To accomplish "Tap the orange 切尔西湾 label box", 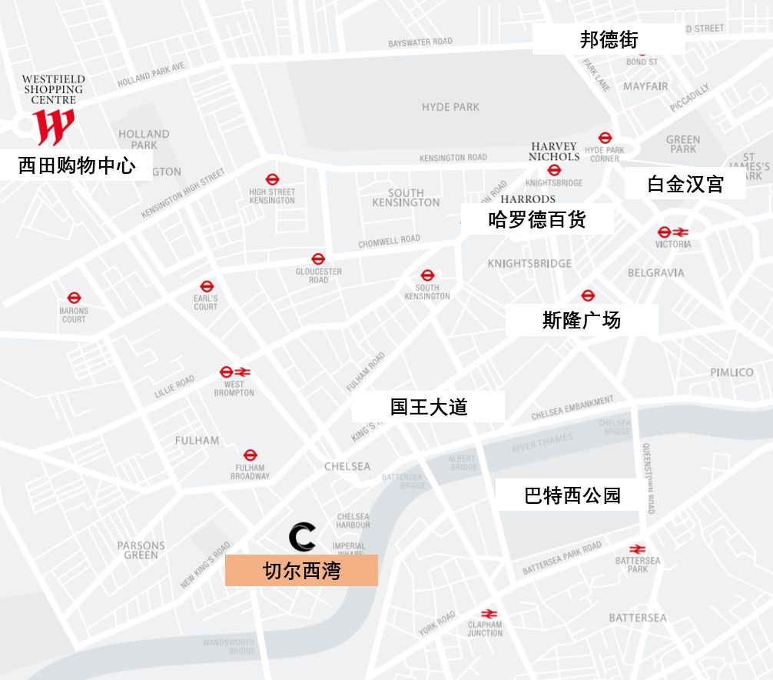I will coord(301,571).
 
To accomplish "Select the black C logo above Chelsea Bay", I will coord(302,536).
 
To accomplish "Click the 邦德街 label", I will coord(609,39).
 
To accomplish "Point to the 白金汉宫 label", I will coord(685,185).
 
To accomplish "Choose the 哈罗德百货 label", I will coord(537,219).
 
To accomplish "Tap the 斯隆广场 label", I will coord(582,320).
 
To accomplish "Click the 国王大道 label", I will coord(428,406).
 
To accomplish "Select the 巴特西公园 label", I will coord(572,495).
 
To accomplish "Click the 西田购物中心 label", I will coord(76,165).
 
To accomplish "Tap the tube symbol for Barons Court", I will coord(74,298).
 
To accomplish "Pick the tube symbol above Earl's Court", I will coord(206,286).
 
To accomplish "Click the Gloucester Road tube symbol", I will coord(318,259).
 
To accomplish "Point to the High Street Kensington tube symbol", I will coord(272,179).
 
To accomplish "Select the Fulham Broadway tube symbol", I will coord(250,455).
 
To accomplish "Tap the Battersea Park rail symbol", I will coord(637,549).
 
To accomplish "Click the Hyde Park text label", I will coord(450,107).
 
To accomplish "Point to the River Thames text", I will coord(542,442).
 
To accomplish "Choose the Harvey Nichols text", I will coord(554,151).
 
